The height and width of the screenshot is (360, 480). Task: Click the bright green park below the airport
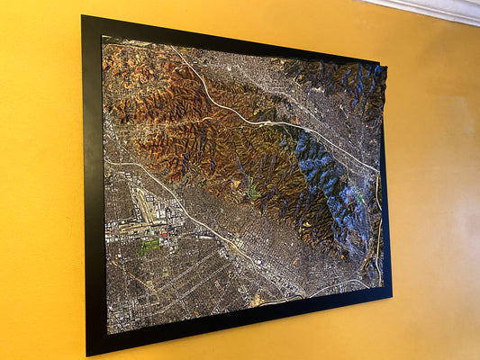pos(149,244)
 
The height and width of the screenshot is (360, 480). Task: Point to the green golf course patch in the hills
pos(254,191)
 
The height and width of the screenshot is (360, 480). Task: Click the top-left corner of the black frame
pos(83,16)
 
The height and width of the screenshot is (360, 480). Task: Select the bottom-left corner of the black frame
pos(88,353)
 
